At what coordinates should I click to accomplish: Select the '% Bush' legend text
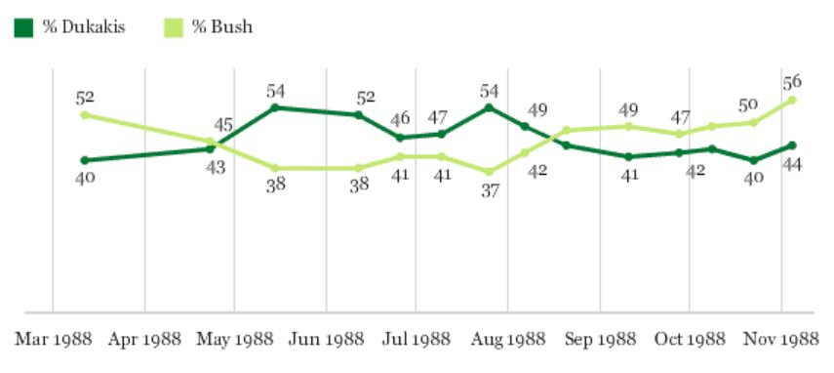(222, 27)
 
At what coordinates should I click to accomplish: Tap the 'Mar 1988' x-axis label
(53, 340)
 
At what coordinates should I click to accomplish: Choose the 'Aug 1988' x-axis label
(507, 340)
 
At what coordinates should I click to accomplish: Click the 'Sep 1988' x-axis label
(599, 340)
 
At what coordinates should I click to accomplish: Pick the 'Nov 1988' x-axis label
(782, 340)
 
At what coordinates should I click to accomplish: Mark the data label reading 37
(489, 190)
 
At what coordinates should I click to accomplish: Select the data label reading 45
(224, 125)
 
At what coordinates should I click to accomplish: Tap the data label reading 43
(215, 167)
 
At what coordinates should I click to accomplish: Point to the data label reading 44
(792, 164)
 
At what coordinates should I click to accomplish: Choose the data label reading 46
(401, 118)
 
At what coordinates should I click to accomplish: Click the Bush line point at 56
(791, 100)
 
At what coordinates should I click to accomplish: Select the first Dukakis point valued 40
(85, 160)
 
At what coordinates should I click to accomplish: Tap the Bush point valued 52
(85, 114)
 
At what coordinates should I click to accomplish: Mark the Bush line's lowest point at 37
(489, 172)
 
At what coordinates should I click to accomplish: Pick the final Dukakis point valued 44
(791, 145)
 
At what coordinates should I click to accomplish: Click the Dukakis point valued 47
(441, 134)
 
